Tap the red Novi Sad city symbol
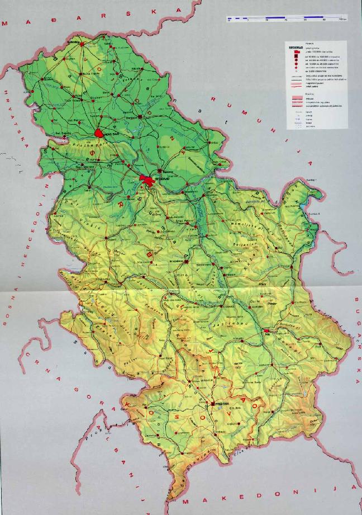pos(100,134)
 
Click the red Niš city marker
pos(266,331)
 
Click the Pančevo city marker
pos(160,170)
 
